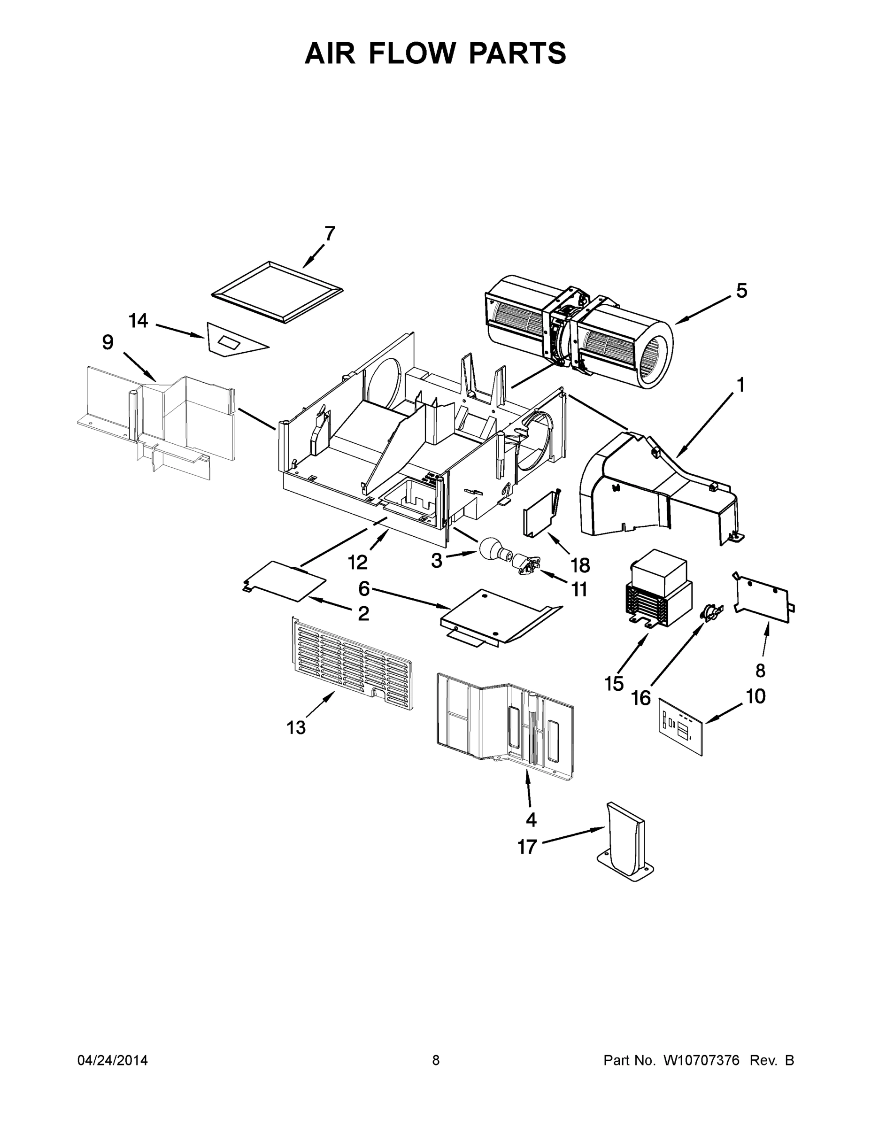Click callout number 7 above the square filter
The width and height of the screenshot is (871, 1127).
(x=330, y=234)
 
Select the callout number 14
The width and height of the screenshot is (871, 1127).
(x=139, y=321)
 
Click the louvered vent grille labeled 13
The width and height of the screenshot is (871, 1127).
(x=351, y=663)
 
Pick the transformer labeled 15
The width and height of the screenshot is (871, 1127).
(x=658, y=588)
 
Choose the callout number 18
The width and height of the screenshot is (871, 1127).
(x=580, y=565)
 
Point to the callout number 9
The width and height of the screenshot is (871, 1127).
(x=108, y=342)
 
